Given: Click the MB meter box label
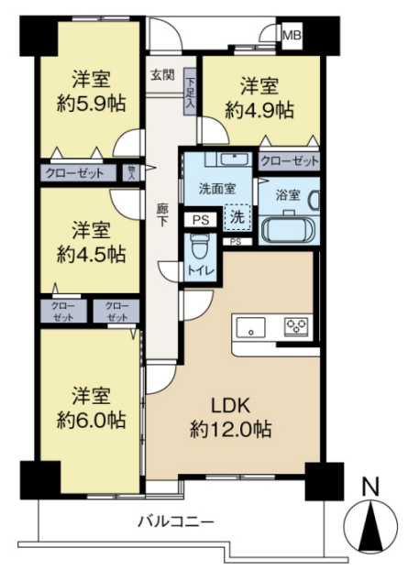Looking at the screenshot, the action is pos(292,36).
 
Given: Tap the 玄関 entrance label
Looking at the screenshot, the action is pos(162,75).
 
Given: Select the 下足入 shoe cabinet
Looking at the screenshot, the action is pos(190,92).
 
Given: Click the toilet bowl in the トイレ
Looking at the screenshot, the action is pos(199,247).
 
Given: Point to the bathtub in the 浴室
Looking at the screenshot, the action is pos(288,228).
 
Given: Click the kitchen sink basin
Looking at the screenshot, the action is pos(251,327).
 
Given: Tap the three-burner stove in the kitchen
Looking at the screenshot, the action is pos(296,327).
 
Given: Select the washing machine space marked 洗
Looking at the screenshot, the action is pos(237,217).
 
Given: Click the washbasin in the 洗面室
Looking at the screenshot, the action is pos(234,159).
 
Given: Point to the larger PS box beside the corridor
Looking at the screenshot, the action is pos(201,220).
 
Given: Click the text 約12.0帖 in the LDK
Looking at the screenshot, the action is pos(230,429).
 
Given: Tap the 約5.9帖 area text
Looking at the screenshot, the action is pos(91,104).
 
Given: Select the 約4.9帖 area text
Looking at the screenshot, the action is pos(259,110).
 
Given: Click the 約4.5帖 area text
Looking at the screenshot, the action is pos(91,254).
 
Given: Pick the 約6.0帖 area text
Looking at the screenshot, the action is pos(91,420).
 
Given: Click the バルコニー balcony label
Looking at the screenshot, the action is pos(176,522).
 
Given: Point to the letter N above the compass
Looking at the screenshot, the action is pos(370,487).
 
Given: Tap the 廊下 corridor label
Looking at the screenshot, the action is pos(162,215).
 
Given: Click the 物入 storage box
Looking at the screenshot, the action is pos(131,173).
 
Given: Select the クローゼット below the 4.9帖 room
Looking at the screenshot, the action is pos(290,160).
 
